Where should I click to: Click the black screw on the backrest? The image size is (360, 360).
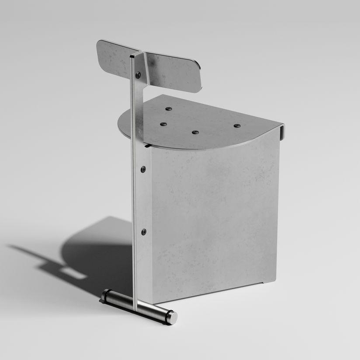pyautogui.click(x=138, y=75)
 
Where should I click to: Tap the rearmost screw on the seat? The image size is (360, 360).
pyautogui.click(x=168, y=108)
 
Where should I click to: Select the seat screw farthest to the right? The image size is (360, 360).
pyautogui.click(x=237, y=126)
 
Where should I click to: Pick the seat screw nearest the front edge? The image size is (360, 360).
pyautogui.click(x=195, y=132)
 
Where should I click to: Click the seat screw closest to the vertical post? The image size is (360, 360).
pyautogui.click(x=163, y=124)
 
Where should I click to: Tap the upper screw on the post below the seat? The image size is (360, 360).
pyautogui.click(x=143, y=169)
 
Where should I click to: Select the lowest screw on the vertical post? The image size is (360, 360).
pyautogui.click(x=143, y=232)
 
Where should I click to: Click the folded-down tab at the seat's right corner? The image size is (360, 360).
pyautogui.click(x=281, y=132)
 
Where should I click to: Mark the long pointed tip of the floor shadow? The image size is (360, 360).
pyautogui.click(x=11, y=247)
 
